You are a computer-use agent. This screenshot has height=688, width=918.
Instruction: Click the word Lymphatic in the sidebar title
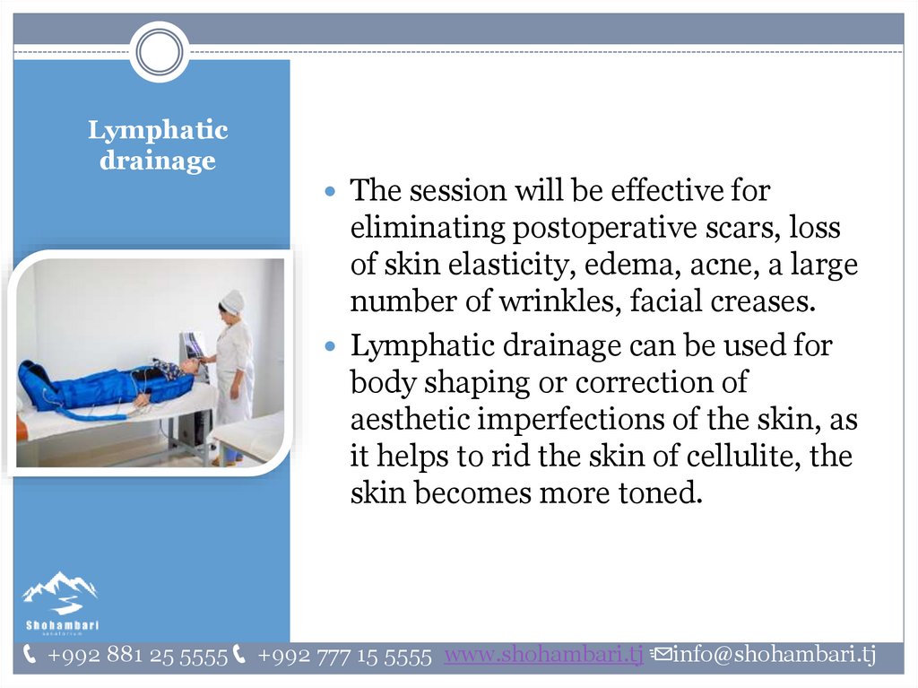tap(158, 131)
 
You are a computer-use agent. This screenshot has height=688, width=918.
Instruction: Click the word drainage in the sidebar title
tap(158, 161)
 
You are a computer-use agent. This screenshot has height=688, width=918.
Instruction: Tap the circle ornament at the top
tap(160, 51)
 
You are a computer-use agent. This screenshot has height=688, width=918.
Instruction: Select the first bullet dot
tap(331, 191)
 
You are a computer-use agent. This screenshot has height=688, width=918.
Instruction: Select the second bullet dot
tap(331, 345)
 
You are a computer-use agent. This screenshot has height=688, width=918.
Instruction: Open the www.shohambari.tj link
tap(544, 655)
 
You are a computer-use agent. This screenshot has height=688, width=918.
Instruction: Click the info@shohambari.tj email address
tap(774, 654)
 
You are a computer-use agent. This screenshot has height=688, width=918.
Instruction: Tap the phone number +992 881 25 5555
tap(137, 656)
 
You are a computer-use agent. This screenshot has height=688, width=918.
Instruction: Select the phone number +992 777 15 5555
tap(344, 656)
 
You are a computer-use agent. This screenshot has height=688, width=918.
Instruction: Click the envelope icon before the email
tap(661, 653)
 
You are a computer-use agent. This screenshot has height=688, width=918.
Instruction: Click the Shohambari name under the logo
tap(62, 625)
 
